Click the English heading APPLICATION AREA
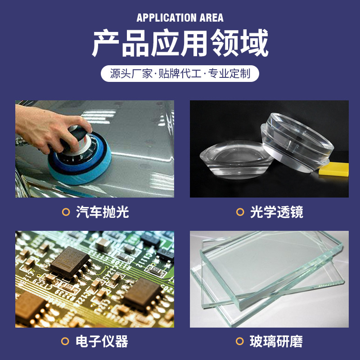pyautogui.click(x=180, y=18)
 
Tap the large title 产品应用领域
pyautogui.click(x=180, y=43)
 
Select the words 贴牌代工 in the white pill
pyautogui.click(x=180, y=73)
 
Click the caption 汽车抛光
pyautogui.click(x=103, y=212)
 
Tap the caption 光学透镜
pyautogui.click(x=277, y=212)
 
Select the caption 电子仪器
pyautogui.click(x=103, y=341)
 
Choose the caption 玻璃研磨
pyautogui.click(x=277, y=341)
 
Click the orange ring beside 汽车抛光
pyautogui.click(x=66, y=212)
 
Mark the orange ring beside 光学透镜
pyautogui.click(x=240, y=212)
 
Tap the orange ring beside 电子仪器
pyautogui.click(x=66, y=341)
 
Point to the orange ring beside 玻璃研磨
pyautogui.click(x=240, y=341)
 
